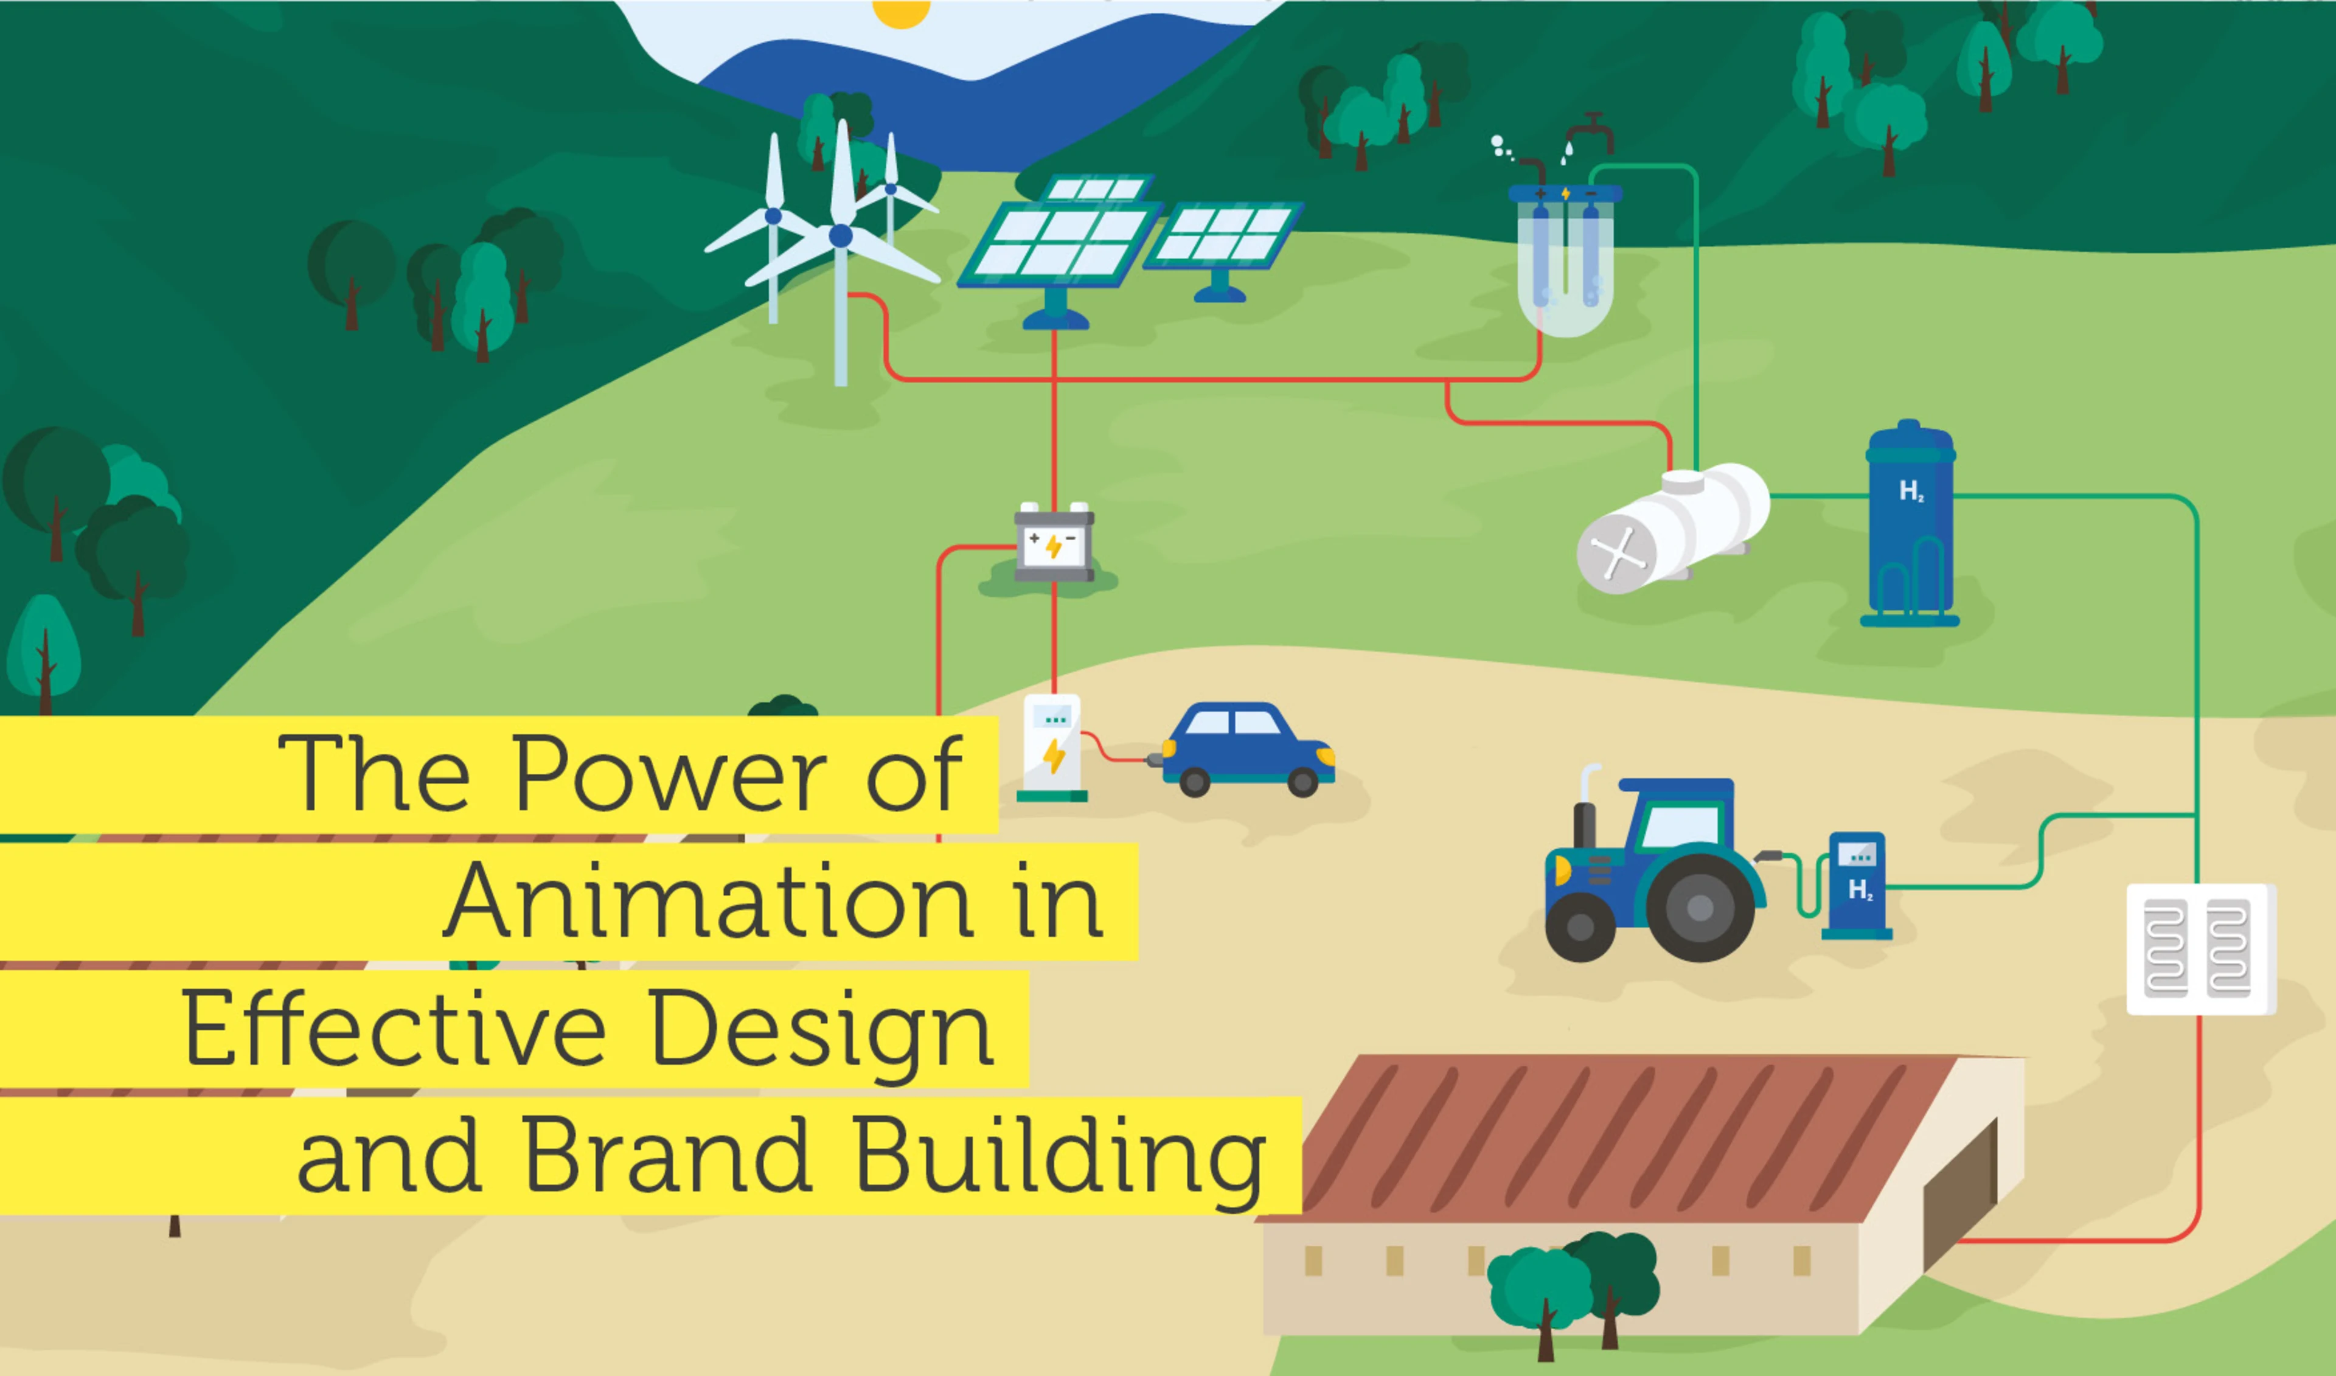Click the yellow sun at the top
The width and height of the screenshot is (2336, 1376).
(901, 11)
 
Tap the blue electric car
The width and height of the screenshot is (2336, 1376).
(1247, 749)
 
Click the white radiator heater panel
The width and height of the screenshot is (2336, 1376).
(2200, 948)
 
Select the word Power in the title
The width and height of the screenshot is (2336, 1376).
(669, 774)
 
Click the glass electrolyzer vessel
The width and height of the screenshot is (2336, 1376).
(1565, 264)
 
